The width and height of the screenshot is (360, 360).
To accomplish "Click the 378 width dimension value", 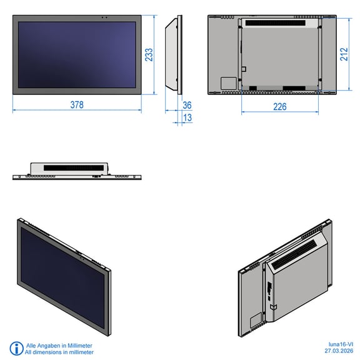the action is tap(77, 105).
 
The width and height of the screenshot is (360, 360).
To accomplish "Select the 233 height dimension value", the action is tap(149, 54).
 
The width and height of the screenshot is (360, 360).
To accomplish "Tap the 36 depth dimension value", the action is tap(187, 106).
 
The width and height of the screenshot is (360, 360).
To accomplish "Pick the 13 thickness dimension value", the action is tap(187, 117).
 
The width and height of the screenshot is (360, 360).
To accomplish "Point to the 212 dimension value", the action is tap(344, 54).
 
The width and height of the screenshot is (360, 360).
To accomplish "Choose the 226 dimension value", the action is tap(280, 107).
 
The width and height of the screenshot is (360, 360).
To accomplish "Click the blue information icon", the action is tap(16, 348).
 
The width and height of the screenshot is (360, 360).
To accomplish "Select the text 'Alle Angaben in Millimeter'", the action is tap(59, 346).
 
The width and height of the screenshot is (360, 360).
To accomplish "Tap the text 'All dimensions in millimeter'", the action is tap(59, 352).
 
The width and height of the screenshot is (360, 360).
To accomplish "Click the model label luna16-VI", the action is tap(341, 344).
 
